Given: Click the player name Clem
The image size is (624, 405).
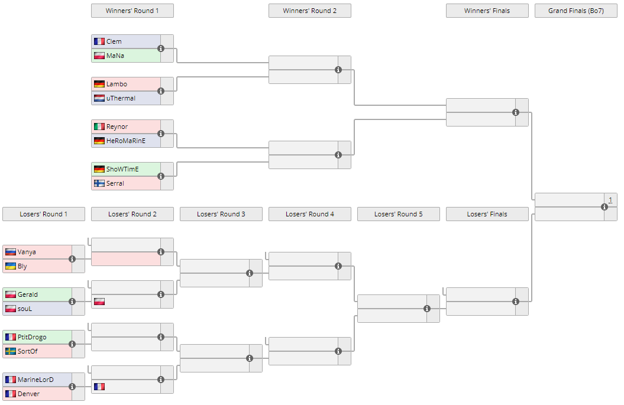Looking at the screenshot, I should click(x=114, y=41).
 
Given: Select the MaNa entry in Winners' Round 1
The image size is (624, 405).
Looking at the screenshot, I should click(x=115, y=56).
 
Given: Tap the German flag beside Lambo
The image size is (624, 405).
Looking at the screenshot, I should click(x=99, y=84).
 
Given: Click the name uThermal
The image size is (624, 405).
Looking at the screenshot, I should click(x=121, y=98).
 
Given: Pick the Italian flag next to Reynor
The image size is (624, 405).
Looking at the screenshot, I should click(x=99, y=127).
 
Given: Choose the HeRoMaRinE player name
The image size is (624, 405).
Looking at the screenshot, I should click(x=125, y=141).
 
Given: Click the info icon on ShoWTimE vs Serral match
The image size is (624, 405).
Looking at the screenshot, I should click(x=161, y=176).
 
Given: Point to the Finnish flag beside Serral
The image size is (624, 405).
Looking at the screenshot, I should click(x=99, y=183).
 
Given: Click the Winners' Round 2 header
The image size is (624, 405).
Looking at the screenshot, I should click(x=309, y=11).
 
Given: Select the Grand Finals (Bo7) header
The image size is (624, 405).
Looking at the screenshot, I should click(x=575, y=11).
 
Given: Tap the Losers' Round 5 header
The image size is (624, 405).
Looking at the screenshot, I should click(x=398, y=214).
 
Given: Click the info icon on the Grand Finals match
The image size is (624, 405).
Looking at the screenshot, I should click(x=604, y=207).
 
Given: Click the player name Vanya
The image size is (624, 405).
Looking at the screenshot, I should click(x=27, y=252).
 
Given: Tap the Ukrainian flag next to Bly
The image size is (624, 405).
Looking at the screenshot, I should click(x=10, y=266).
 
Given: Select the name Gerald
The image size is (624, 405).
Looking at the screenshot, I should click(x=28, y=294).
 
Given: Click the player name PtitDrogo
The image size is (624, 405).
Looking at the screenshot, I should click(x=32, y=337).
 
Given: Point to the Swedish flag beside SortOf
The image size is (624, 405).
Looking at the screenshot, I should click(x=10, y=351).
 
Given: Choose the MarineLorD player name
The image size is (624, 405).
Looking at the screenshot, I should click(x=35, y=380).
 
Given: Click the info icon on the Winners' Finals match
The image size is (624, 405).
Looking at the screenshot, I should click(x=516, y=112).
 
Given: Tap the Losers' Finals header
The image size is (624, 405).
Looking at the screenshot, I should click(x=487, y=214).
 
